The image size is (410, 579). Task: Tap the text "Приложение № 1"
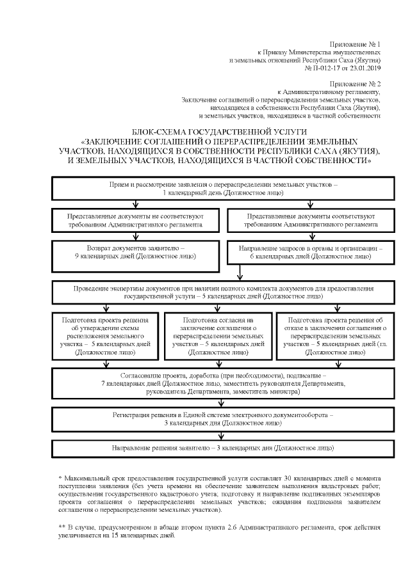pyautogui.click(x=356, y=40)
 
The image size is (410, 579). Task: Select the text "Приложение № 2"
pyautogui.click(x=356, y=83)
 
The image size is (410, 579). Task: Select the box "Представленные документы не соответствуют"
pyautogui.click(x=135, y=221)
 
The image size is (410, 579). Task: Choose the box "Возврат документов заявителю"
pyautogui.click(x=135, y=251)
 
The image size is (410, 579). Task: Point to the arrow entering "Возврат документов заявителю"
pyautogui.click(x=135, y=236)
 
